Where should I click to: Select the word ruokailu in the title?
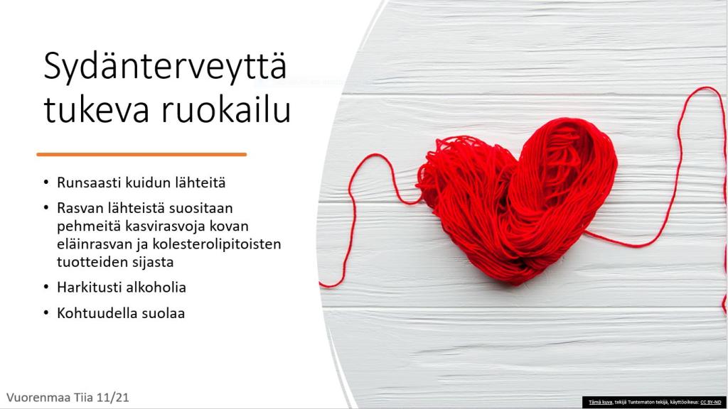[x=226, y=110]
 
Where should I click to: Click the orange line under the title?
[x=141, y=154]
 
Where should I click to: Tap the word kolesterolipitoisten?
[x=217, y=244]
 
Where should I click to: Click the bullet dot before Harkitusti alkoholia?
[x=46, y=288]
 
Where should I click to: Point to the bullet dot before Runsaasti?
[x=46, y=182]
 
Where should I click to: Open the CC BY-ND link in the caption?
[x=711, y=402]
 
